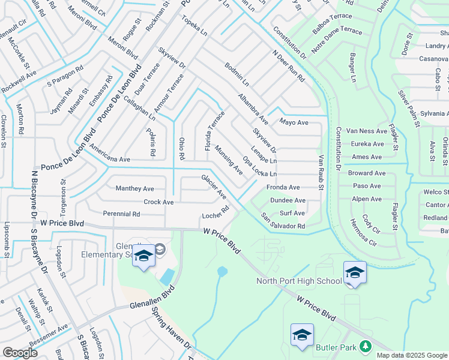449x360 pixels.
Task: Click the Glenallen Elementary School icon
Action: coord(143,257)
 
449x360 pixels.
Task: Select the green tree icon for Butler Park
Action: coord(364,346)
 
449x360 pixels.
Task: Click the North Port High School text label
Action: coord(299,281)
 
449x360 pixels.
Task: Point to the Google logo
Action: coord(20,352)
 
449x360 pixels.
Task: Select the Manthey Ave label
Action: coord(134,188)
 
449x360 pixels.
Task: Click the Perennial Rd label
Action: coord(121,214)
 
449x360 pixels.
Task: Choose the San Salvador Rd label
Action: coord(283,221)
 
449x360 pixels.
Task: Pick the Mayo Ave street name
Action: coord(294,122)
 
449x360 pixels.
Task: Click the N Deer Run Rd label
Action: coord(288,65)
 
